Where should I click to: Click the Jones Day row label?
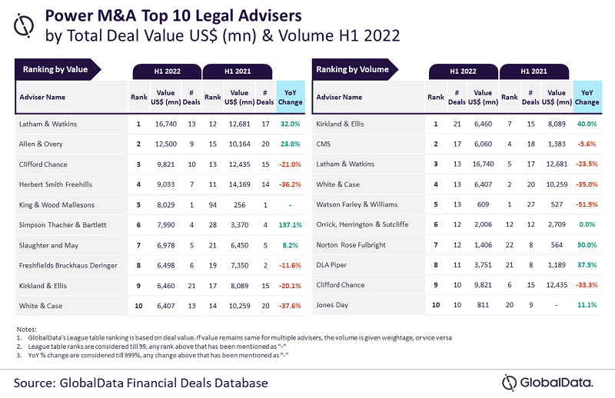(332, 306)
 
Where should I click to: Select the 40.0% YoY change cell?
(587, 123)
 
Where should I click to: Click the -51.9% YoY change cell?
(587, 204)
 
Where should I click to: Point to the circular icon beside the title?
(27, 25)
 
